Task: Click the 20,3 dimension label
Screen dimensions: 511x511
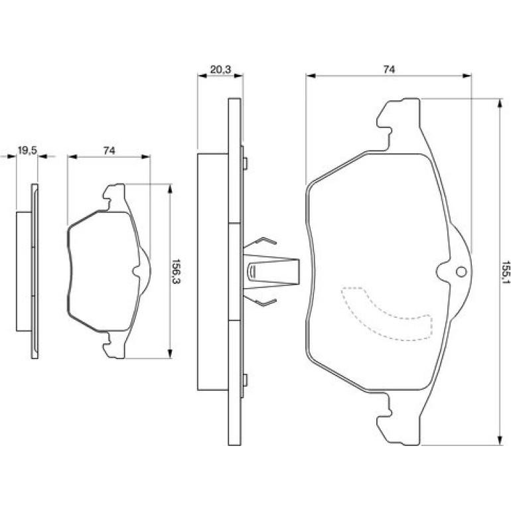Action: coord(220,70)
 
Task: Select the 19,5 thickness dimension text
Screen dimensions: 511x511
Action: coord(27,151)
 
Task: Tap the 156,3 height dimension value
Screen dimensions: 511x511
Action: coord(177,271)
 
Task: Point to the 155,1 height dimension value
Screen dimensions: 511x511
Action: coord(505,272)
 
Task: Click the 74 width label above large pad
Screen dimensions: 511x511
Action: coord(389,70)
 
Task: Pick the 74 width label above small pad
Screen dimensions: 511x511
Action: coord(110,151)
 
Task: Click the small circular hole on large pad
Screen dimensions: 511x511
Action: coord(461,272)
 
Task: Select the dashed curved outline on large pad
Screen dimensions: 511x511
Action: coord(388,313)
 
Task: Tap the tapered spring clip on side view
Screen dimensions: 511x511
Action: coord(271,271)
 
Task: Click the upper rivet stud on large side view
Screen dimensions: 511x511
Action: coord(246,164)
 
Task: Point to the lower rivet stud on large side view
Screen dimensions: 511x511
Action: coord(246,380)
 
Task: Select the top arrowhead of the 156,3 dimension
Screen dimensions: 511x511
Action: coord(169,189)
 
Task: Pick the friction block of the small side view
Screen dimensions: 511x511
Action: coord(24,271)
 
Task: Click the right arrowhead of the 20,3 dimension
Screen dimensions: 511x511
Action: coord(238,76)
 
